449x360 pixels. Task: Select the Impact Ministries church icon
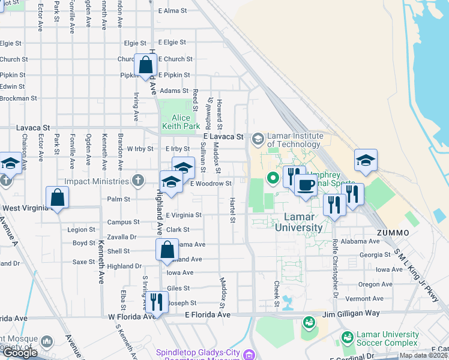138,181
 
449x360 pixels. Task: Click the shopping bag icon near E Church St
146,66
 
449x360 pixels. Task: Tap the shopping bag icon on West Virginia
57,198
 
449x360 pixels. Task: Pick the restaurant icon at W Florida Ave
156,301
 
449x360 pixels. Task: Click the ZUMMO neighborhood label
393,232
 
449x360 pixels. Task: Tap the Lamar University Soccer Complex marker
348,338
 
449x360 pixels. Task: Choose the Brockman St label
19,98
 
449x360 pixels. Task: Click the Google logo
20,353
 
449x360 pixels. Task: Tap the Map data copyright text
423,355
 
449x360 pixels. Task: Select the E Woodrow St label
211,184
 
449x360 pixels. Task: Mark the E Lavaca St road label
221,137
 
